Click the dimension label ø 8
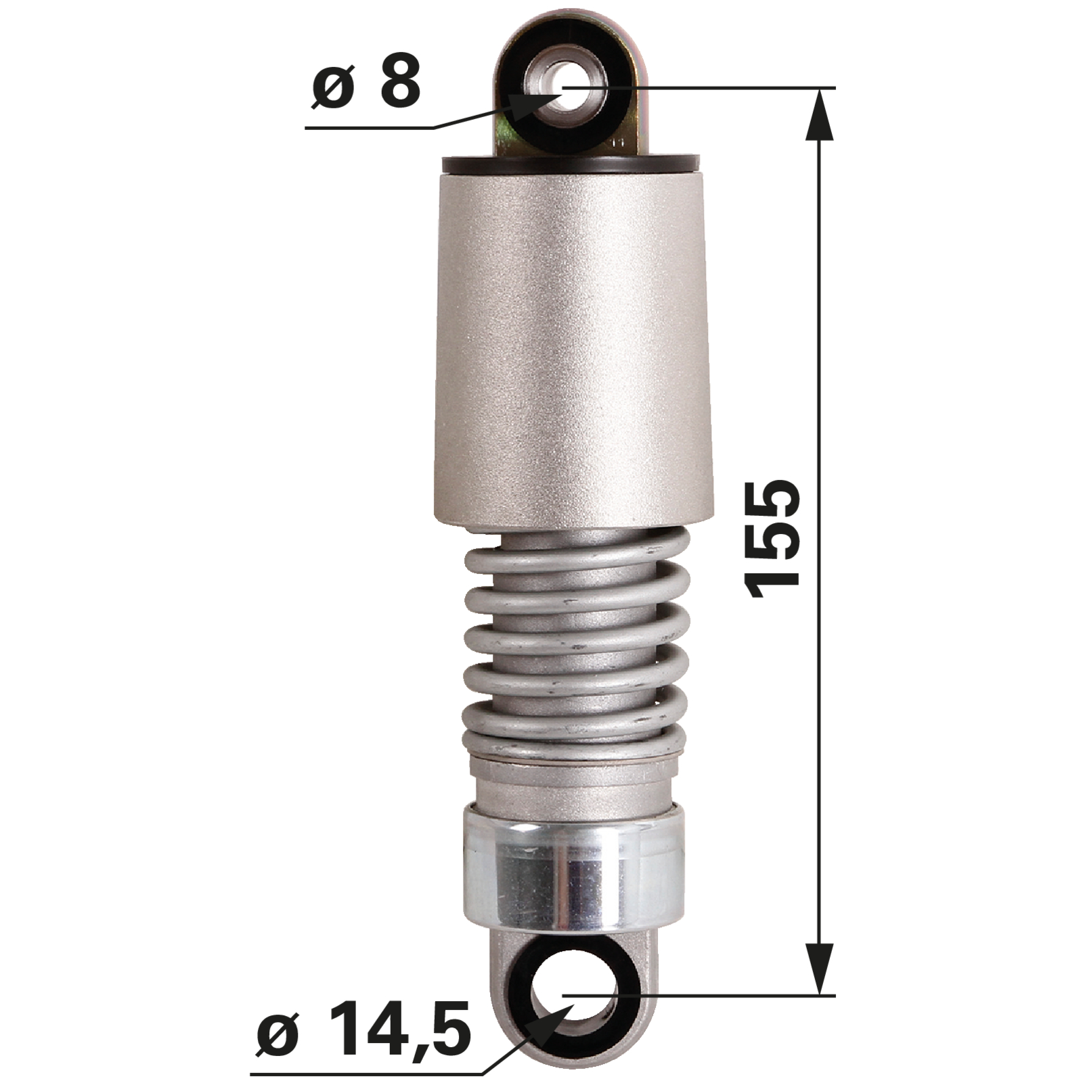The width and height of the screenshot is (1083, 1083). click(366, 84)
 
